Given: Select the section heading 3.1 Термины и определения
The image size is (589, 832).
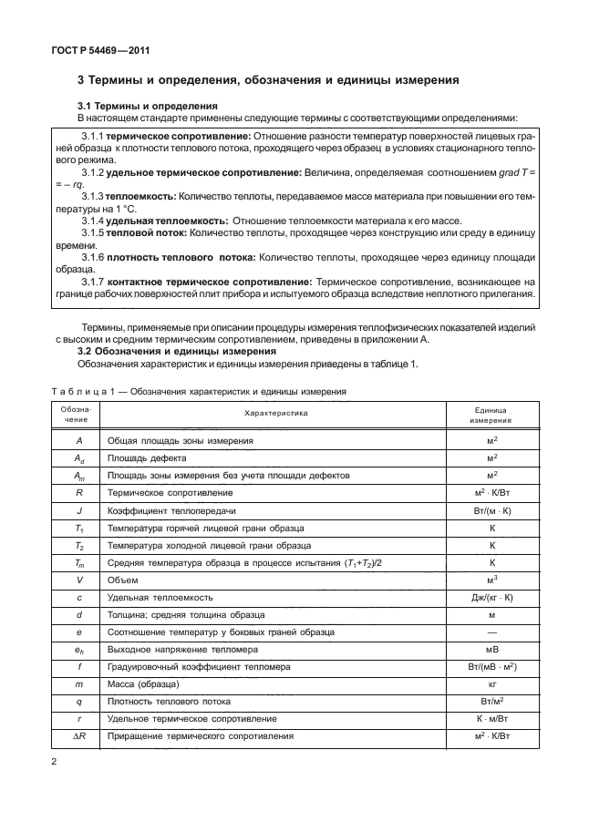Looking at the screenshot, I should [147, 107].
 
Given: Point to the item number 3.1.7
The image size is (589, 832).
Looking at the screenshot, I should [91, 282].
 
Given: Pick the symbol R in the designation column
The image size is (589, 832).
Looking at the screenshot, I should [80, 493].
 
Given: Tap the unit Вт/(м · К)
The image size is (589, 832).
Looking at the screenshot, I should [491, 510].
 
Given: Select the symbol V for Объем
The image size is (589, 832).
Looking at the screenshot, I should [80, 580].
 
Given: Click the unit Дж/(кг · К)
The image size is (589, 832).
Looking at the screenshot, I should [491, 597].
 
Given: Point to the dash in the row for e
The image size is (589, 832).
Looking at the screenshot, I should [491, 632].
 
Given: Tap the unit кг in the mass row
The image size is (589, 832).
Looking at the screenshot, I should [491, 683].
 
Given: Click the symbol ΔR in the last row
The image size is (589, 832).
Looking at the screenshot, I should [80, 735].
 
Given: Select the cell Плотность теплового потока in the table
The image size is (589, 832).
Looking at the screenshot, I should [167, 701].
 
